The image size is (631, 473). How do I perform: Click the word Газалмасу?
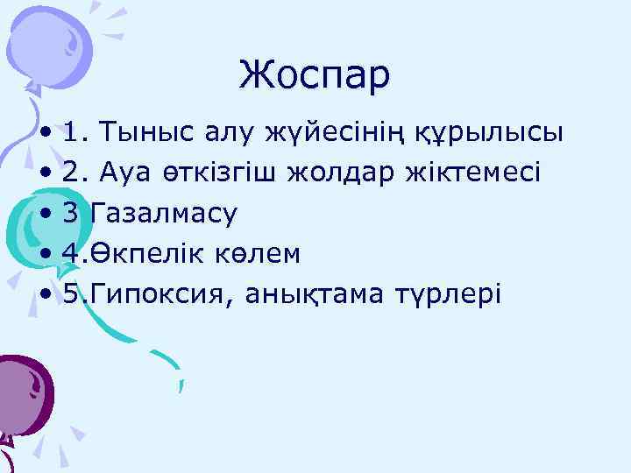click(x=163, y=213)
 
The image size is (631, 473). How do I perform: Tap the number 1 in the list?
click(x=73, y=133)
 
